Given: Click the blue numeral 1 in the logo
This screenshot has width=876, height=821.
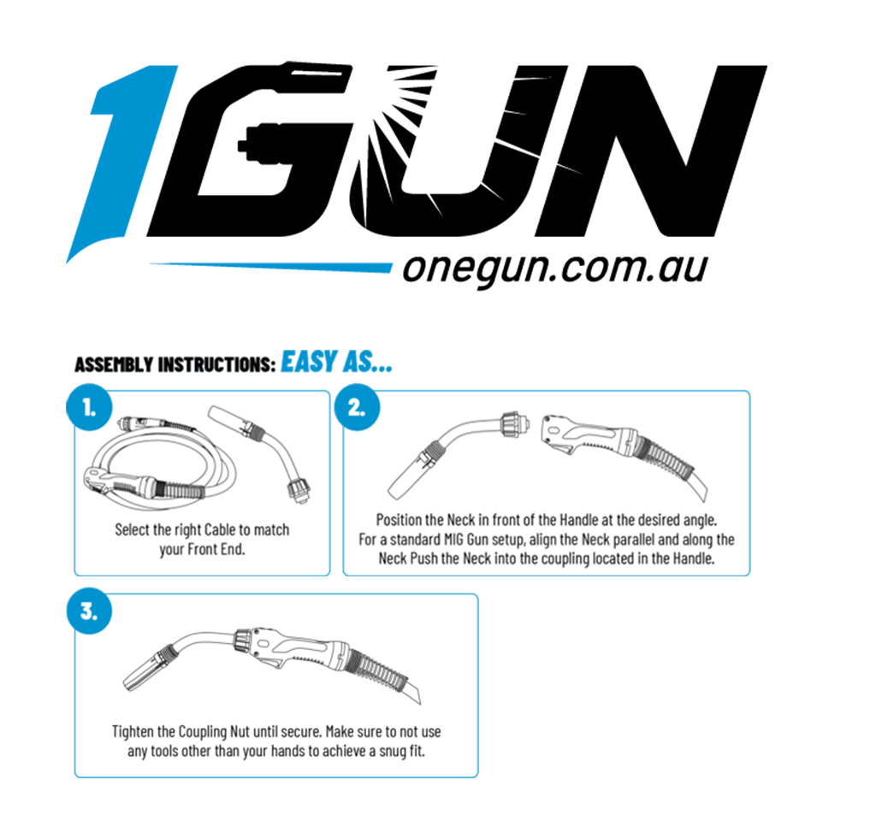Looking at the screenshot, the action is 120,162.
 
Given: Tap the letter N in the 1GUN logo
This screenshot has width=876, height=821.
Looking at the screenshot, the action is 648,151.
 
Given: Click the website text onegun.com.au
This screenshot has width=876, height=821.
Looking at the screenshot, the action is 555,269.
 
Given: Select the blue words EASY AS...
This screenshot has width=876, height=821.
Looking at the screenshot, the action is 336,362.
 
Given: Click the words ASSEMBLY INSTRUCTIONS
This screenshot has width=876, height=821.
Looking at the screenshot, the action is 175,364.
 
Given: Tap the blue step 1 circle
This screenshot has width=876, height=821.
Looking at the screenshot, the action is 89,407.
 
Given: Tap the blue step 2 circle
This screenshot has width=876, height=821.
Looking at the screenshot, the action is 357,407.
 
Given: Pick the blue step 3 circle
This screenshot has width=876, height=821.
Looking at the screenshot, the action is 89,611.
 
